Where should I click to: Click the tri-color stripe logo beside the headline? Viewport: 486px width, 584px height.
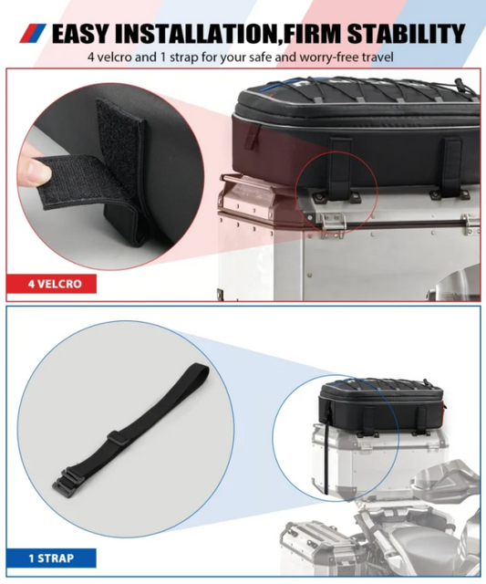point(32,36)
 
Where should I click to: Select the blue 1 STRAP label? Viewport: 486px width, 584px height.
point(51,557)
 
